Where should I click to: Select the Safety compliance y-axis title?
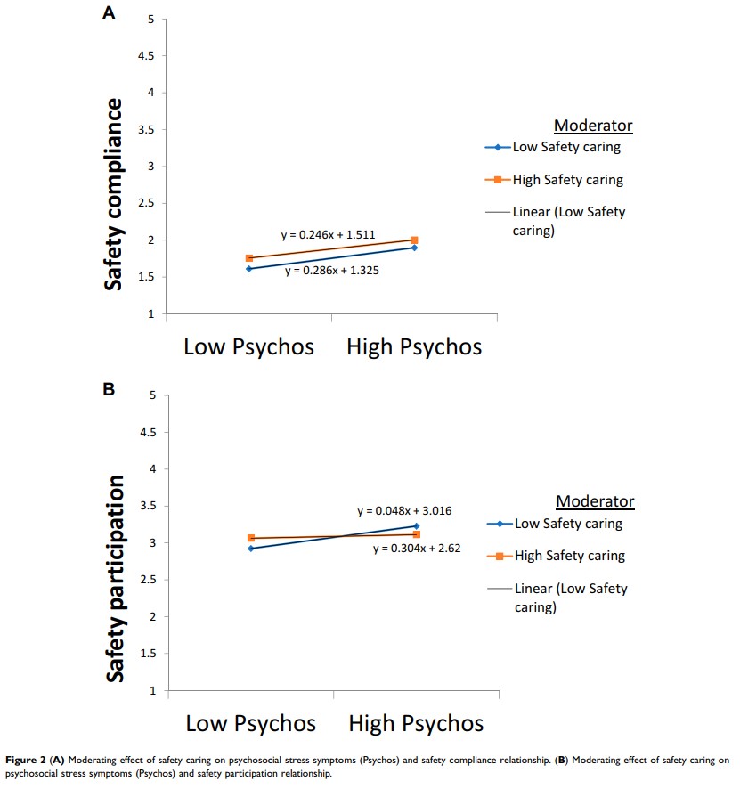coord(114,194)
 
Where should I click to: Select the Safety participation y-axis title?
coord(116,579)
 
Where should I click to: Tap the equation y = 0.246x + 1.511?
coord(328,235)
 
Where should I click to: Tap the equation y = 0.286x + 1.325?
coord(332,270)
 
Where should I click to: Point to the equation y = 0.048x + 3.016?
coord(404,511)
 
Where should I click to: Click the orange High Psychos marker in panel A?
coord(414,240)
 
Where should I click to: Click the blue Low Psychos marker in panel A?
coord(249,268)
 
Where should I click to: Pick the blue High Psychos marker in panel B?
coord(416,526)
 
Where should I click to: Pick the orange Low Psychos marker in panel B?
coord(251,538)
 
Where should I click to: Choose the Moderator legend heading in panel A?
coord(593,126)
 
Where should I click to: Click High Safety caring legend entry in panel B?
coord(569,556)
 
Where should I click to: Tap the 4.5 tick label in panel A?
coord(146,56)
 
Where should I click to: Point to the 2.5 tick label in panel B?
coord(148,580)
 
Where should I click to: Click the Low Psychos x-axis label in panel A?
coord(248,346)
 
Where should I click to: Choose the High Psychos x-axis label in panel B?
coord(416,722)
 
